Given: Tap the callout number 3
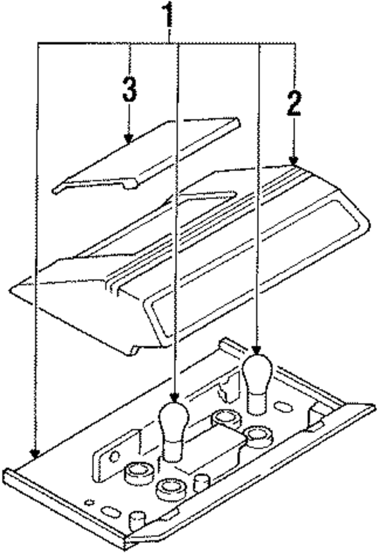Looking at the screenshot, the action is tap(130, 89).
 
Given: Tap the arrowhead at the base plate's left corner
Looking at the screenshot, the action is tap(36, 453).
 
